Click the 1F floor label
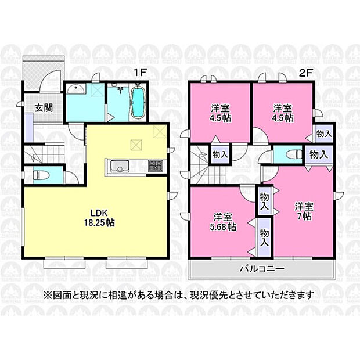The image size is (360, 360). (140, 73)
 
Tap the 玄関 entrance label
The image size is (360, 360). (44, 107)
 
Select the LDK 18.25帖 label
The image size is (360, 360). (99, 218)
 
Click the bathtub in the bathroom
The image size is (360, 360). (138, 103)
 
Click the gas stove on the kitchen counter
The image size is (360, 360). (156, 165)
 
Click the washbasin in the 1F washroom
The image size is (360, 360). (75, 89)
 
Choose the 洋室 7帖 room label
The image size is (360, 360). (304, 211)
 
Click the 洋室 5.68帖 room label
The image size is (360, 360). (223, 222)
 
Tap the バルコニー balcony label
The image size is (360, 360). (262, 268)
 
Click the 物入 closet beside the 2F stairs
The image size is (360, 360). (220, 154)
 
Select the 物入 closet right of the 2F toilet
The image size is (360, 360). (319, 154)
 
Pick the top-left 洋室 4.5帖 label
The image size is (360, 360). (221, 113)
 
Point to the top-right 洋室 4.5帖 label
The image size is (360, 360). (283, 113)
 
